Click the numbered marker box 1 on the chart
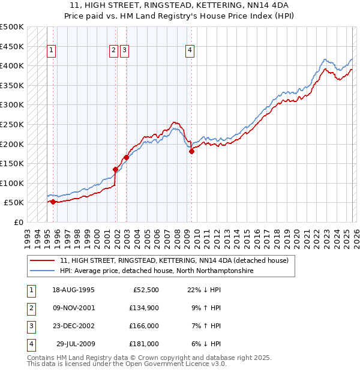tap(52, 51)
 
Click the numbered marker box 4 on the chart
tap(189, 51)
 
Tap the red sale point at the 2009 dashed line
tap(192, 151)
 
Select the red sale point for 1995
tap(53, 202)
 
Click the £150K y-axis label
tap(13, 163)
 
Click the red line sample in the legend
tap(42, 260)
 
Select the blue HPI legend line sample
tap(42, 271)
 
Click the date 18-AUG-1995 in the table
tap(73, 290)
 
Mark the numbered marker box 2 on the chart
tap(113, 51)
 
